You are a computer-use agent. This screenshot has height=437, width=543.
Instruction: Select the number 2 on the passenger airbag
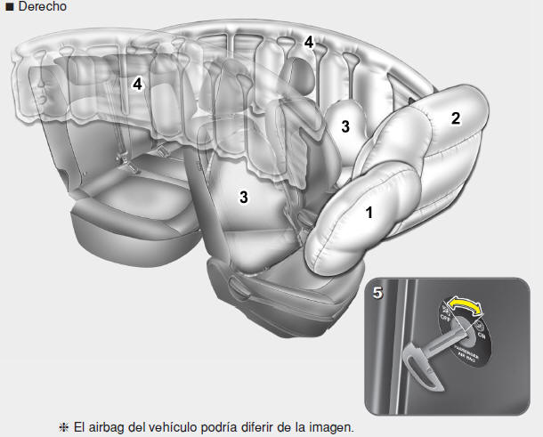(x=455, y=118)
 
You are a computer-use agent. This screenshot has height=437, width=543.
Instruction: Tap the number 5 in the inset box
(x=379, y=289)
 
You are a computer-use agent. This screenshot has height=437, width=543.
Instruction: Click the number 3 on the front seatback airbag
(x=241, y=197)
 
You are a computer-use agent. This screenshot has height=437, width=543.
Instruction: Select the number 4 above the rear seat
(x=137, y=84)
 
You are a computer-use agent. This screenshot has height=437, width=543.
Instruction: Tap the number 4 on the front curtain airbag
(x=308, y=42)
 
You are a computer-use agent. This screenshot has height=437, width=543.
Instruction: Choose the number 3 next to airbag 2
(x=344, y=126)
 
